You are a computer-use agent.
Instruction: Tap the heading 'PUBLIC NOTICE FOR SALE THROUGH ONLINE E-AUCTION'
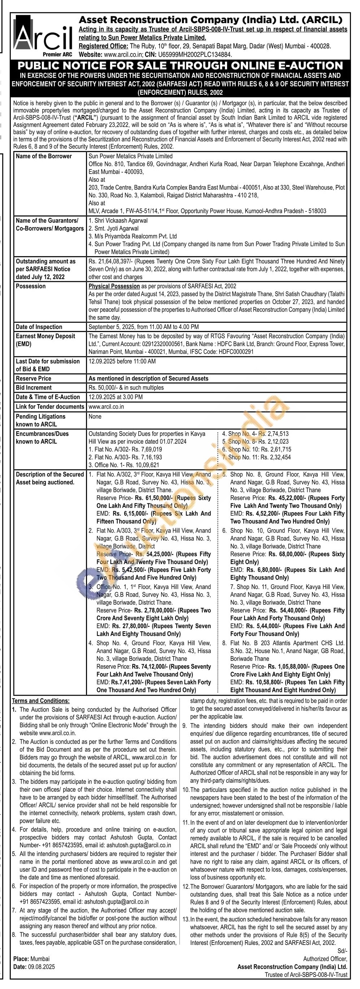click(180, 66)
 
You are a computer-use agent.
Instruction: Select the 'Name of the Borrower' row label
click(44, 156)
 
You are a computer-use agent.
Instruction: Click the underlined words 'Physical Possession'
click(114, 287)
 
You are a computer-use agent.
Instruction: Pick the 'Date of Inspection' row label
click(39, 327)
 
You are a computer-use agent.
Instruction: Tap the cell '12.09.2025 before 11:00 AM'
click(122, 361)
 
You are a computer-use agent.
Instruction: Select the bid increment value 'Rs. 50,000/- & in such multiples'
click(126, 388)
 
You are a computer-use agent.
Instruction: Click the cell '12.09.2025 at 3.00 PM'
click(116, 397)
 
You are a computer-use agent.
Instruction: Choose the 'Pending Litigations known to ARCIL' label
click(40, 420)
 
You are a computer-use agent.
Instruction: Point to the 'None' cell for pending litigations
click(95, 417)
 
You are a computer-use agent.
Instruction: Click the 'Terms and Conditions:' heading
click(41, 701)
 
